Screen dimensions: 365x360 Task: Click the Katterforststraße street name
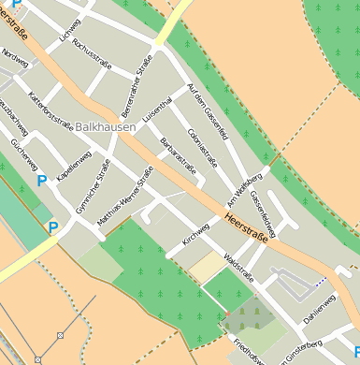tap(50, 108)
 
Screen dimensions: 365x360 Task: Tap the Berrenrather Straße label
tap(137, 88)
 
